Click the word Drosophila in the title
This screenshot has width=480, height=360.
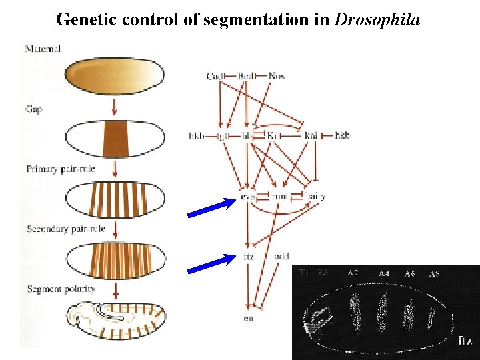377,19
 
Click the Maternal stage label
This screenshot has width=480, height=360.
43,49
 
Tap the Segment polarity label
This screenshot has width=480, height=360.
61,289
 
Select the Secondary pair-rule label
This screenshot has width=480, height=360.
66,229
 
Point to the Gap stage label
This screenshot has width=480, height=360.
34,108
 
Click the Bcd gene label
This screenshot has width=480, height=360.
246,76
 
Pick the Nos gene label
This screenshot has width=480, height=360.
277,76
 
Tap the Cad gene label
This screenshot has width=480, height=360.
215,76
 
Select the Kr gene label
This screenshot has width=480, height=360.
272,136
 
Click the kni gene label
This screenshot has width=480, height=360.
311,136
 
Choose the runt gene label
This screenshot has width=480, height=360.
280,197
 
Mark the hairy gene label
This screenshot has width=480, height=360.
315,197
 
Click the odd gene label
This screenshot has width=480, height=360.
281,257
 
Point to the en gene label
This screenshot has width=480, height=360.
248,318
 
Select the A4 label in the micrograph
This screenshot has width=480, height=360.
384,273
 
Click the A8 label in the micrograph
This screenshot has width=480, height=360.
434,274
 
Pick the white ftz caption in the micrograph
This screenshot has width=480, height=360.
465,341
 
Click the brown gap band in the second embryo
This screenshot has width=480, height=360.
115,139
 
